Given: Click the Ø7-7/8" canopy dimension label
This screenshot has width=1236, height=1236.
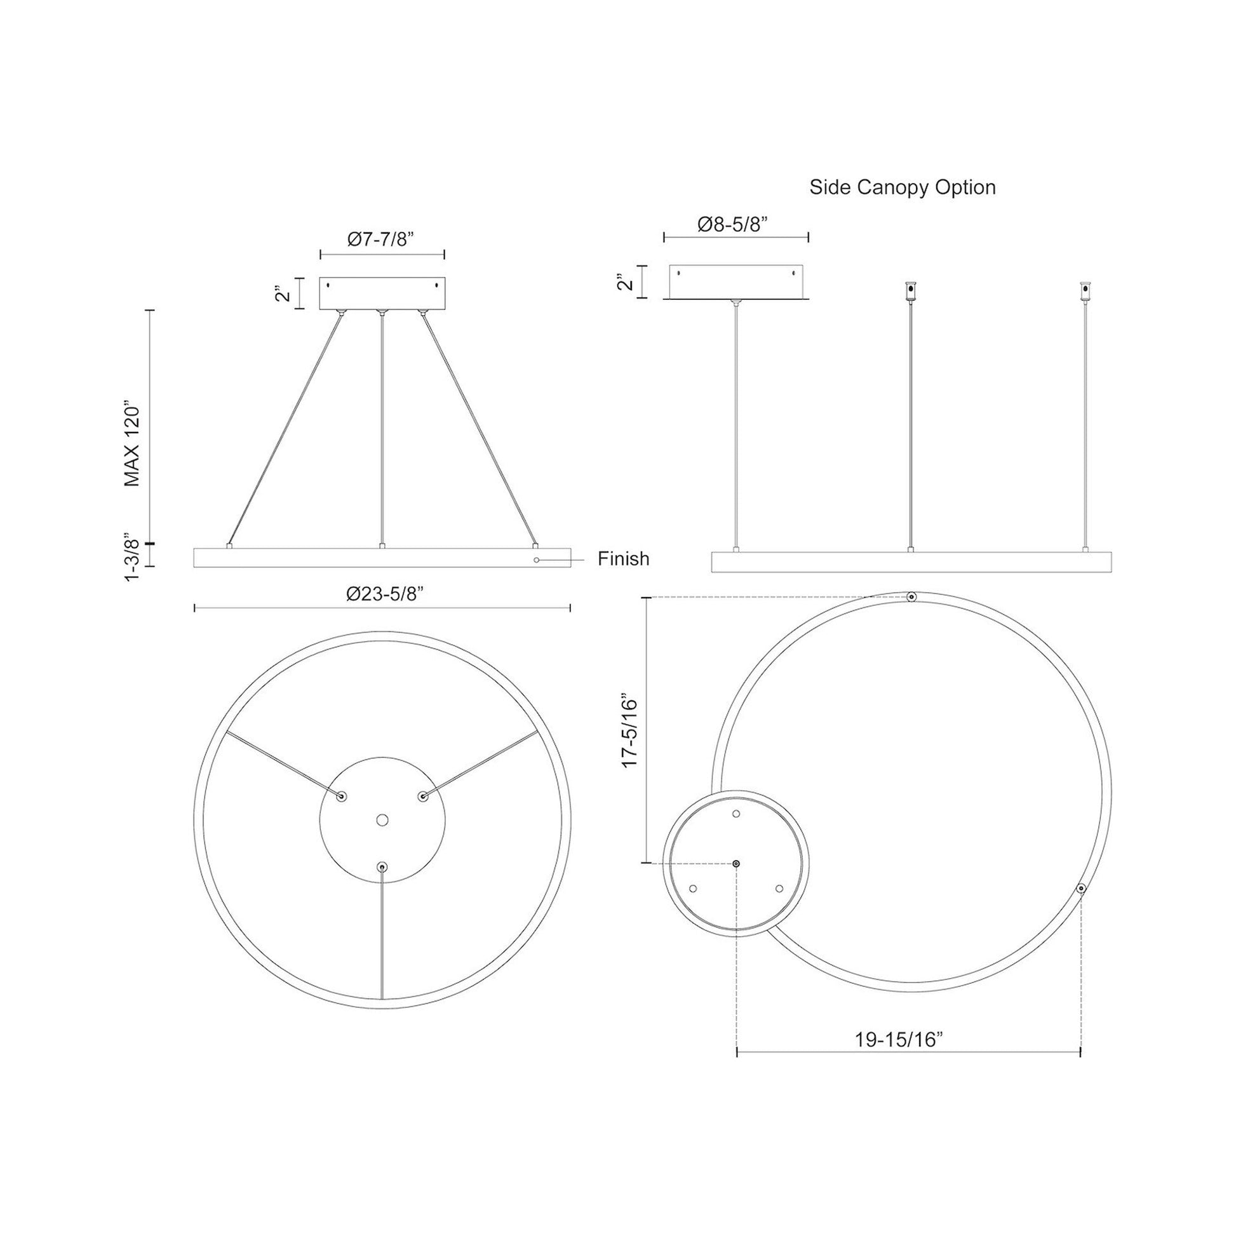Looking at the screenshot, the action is coord(381,239).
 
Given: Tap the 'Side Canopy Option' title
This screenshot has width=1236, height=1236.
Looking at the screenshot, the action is coord(902,187).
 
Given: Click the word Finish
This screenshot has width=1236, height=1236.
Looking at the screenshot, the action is coord(623,559).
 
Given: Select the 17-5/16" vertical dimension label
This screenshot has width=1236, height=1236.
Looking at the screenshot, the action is coord(630,732).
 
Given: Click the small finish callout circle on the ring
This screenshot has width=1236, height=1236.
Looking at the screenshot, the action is coord(536,560).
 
